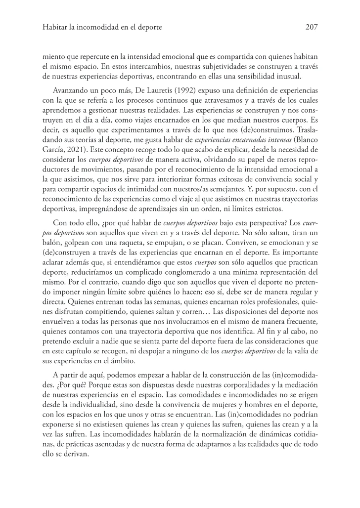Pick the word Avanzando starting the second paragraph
point(70,93)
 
